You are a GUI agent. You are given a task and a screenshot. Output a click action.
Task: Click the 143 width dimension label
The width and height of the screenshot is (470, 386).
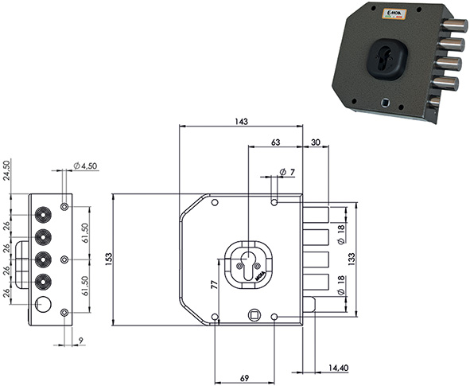[242, 122]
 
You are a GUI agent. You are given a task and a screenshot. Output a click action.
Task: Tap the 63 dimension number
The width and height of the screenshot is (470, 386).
[275, 142]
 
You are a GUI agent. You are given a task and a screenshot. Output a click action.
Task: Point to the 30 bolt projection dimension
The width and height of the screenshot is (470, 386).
[316, 142]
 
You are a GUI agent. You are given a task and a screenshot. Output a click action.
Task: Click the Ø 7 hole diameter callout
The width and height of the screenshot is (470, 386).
[287, 172]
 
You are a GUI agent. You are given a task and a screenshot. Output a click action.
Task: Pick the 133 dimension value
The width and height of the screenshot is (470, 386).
[352, 259]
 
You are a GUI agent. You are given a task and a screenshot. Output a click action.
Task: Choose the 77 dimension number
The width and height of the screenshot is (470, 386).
[214, 284]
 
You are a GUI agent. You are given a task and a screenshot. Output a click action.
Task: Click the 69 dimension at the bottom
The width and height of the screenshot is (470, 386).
[245, 378]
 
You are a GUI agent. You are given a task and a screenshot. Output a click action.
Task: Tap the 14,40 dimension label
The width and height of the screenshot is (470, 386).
[339, 368]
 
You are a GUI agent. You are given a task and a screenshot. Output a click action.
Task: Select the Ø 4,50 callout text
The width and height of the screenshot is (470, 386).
[85, 166]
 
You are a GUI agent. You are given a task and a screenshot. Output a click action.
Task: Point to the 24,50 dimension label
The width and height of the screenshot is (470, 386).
[6, 170]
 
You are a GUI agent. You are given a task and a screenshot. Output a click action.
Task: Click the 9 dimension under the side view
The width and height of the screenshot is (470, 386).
[80, 341]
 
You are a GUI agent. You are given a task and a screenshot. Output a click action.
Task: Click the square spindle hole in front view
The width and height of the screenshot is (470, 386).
[254, 315]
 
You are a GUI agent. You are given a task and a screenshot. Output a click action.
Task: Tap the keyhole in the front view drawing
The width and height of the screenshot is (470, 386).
[248, 266]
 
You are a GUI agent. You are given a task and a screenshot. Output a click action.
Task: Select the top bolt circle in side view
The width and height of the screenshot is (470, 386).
[43, 215]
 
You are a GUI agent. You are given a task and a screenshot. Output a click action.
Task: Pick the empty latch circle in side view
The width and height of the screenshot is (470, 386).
[43, 304]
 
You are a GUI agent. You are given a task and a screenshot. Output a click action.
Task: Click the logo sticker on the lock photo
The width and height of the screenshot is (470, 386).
[394, 14]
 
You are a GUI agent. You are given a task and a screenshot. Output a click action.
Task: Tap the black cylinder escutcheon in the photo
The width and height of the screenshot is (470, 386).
[387, 59]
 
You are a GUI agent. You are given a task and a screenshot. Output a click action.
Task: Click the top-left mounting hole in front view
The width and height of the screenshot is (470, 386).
[215, 202]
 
